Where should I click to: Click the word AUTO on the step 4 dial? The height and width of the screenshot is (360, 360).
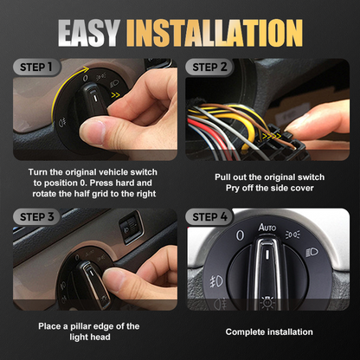click(x=267, y=227)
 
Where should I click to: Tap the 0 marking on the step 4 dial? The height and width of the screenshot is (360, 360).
click(x=240, y=235)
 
